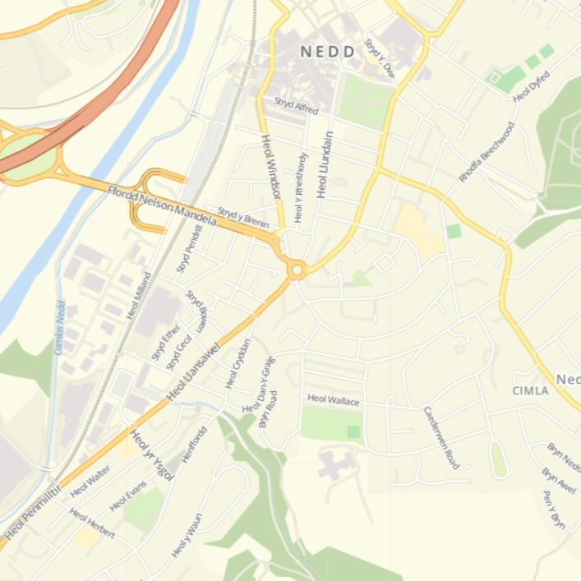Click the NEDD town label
pyautogui.click(x=328, y=52)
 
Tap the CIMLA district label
pyautogui.click(x=530, y=390)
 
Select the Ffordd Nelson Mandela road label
pyautogui.click(x=162, y=206)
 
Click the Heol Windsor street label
pyautogui.click(x=272, y=168)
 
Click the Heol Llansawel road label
pyautogui.click(x=194, y=372)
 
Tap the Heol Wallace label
pyautogui.click(x=333, y=399)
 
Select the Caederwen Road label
pyautogui.click(x=442, y=437)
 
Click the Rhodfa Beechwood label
pyautogui.click(x=487, y=152)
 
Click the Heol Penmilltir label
pyautogui.click(x=31, y=515)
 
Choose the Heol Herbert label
pyautogui.click(x=90, y=523)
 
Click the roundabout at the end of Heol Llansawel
pyautogui.click(x=296, y=269)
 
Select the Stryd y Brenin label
pyautogui.click(x=243, y=218)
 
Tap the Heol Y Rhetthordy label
pyautogui.click(x=301, y=187)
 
